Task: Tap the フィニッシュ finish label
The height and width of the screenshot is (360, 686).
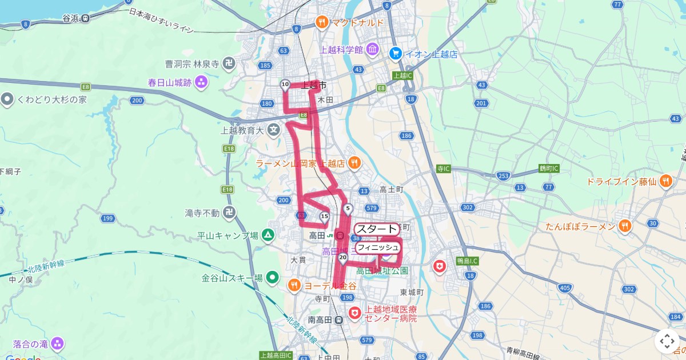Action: pyautogui.click(x=377, y=247)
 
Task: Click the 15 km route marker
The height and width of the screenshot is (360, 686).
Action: pyautogui.click(x=324, y=216)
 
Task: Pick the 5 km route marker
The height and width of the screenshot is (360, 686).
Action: pyautogui.click(x=348, y=208)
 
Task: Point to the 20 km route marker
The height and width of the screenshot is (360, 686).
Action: pyautogui.click(x=342, y=258)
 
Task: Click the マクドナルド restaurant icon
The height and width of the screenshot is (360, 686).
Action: pyautogui.click(x=322, y=22)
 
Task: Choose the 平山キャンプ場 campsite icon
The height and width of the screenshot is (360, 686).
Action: pyautogui.click(x=268, y=234)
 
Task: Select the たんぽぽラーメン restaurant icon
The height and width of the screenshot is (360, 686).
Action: pyautogui.click(x=625, y=226)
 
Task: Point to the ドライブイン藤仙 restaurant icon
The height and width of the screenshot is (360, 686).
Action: pyautogui.click(x=665, y=182)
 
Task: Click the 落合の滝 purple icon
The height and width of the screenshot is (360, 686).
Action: pyautogui.click(x=57, y=344)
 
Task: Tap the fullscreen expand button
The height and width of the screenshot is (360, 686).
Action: pyautogui.click(x=667, y=342)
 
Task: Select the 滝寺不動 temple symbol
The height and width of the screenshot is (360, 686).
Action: pyautogui.click(x=229, y=213)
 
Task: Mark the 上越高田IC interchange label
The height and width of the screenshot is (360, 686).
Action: pyautogui.click(x=276, y=355)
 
